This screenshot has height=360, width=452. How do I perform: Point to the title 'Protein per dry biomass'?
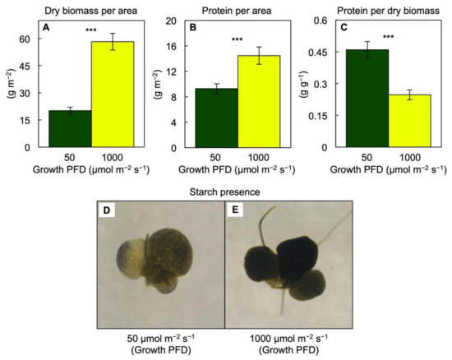point(379,8)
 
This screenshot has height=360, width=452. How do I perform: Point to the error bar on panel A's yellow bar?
point(113,42)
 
